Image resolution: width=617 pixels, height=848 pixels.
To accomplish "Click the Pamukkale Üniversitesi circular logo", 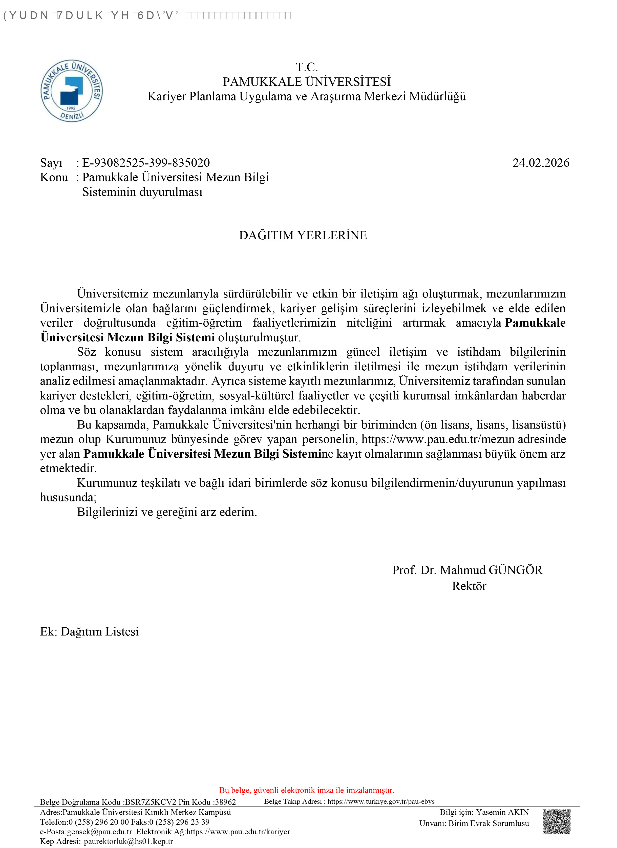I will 71,91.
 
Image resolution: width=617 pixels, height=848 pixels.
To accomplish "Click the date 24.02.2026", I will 541,163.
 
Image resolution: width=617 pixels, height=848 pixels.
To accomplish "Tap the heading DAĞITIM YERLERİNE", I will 303,235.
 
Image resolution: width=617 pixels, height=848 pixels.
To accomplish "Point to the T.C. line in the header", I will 307,67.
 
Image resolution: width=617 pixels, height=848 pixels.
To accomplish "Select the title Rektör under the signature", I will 469,586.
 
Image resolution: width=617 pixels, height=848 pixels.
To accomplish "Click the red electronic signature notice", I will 307,790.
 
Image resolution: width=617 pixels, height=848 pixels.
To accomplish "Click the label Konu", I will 54,177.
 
